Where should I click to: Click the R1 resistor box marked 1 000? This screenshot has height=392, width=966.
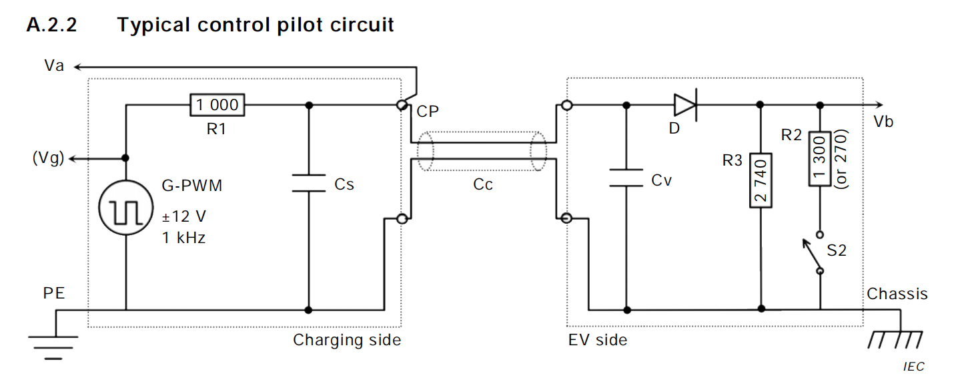point(217,104)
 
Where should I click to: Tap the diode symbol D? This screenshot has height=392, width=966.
point(685,105)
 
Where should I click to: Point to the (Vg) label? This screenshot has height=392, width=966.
point(47,159)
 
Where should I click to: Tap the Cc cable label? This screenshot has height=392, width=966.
point(482,184)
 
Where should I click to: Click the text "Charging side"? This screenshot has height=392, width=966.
point(347,340)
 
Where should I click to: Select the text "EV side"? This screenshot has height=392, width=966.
point(598,340)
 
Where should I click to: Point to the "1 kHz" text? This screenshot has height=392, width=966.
point(184,237)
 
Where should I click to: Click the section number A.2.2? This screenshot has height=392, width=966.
point(52,25)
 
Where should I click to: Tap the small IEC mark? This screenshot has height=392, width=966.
point(913,367)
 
